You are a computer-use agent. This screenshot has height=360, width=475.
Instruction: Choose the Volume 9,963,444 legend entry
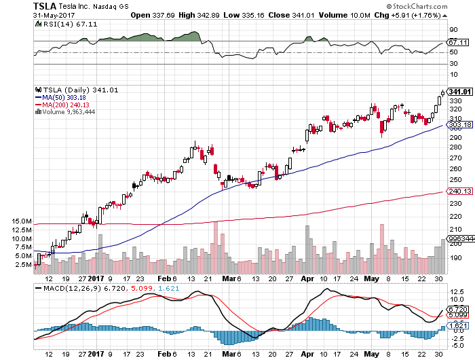tap(70, 112)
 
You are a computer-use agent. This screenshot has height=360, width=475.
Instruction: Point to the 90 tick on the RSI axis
tap(453, 29)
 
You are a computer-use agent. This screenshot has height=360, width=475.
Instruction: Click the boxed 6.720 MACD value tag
tap(459, 308)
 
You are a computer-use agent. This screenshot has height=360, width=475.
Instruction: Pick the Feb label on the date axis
tap(162, 278)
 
